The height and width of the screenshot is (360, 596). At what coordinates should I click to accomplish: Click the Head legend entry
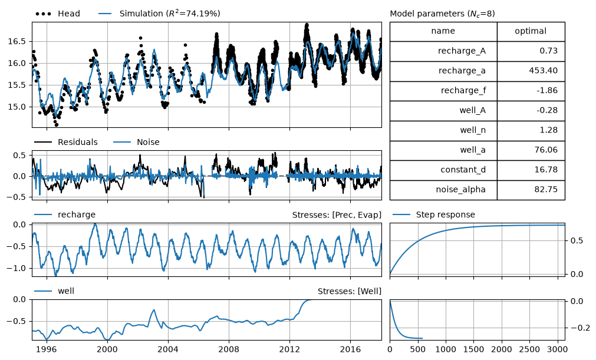(x=58, y=14)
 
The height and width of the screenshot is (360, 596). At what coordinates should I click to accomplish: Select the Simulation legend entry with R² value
(x=159, y=14)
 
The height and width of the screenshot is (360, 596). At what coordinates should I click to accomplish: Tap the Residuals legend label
(x=66, y=142)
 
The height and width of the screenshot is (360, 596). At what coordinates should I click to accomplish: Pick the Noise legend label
(x=136, y=142)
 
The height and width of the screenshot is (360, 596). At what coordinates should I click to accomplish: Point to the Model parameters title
(x=443, y=14)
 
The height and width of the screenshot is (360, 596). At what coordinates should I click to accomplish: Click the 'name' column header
(x=443, y=31)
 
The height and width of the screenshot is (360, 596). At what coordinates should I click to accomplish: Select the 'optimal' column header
(x=531, y=31)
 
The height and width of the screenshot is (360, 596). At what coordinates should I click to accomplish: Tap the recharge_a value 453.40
(x=543, y=71)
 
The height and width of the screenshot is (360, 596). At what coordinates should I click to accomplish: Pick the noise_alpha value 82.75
(x=546, y=190)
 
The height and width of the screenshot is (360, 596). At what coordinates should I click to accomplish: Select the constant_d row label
(x=463, y=170)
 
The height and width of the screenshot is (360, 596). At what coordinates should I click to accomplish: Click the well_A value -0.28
(x=547, y=110)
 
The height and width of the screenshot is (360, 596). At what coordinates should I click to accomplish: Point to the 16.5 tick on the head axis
(x=18, y=41)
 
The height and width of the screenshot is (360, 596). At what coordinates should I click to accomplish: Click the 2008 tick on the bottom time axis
(x=229, y=349)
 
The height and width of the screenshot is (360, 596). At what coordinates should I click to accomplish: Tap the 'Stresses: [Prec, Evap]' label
(x=337, y=215)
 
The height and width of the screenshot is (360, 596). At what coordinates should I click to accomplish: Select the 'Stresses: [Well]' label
(x=350, y=291)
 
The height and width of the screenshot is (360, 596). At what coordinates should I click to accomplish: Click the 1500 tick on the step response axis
(x=474, y=349)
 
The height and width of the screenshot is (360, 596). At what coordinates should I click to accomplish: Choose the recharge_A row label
(x=462, y=51)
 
